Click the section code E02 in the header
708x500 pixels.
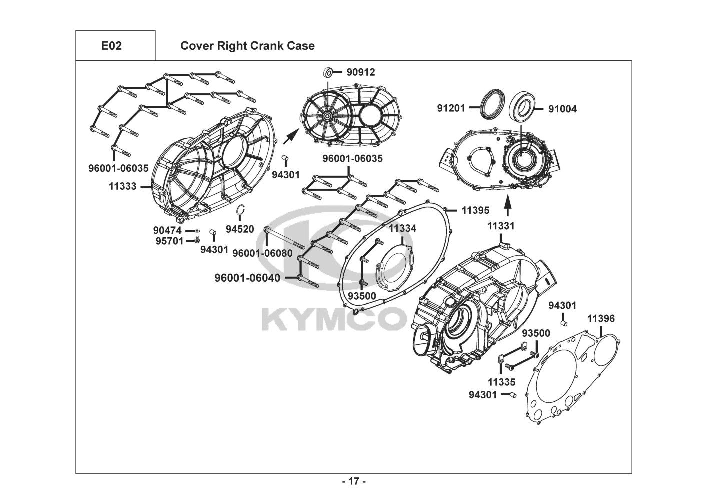[x=111, y=46]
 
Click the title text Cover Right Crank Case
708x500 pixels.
[x=247, y=46]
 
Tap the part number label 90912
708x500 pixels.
[x=360, y=72]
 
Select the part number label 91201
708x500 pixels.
[x=451, y=108]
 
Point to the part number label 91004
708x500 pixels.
[x=562, y=109]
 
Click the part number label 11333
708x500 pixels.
[x=123, y=186]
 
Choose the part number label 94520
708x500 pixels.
[x=240, y=229]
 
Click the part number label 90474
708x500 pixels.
[x=168, y=231]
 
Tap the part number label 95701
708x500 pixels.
[x=168, y=241]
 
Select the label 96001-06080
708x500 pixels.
[x=262, y=253]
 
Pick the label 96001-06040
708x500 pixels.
[x=247, y=278]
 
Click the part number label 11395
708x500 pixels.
[x=475, y=210]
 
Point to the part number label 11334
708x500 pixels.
[x=403, y=228]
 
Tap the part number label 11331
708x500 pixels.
[x=501, y=226]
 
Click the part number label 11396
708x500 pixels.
[x=601, y=319]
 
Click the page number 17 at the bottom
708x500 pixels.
[x=354, y=482]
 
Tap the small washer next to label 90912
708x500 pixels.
[x=329, y=73]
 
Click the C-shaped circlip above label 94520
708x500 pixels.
[x=240, y=211]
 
